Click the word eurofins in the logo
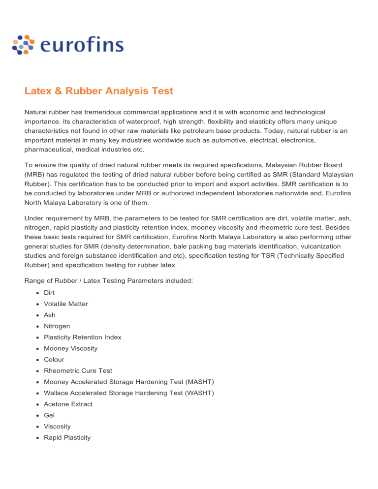[82, 45]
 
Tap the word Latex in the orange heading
[39, 91]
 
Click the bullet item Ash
[50, 315]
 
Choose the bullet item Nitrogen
[57, 326]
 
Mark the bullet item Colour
[54, 359]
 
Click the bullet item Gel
[49, 415]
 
